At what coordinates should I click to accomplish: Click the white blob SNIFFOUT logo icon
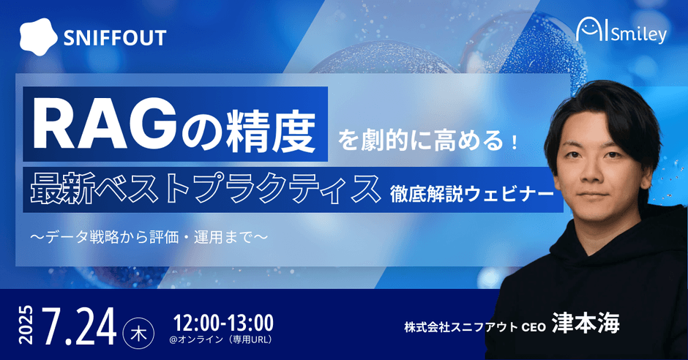(38, 37)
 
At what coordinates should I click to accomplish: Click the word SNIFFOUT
(115, 38)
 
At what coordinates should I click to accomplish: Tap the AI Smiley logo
(621, 31)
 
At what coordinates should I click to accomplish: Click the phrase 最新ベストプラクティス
(205, 189)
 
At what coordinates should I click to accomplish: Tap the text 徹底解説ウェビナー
(471, 193)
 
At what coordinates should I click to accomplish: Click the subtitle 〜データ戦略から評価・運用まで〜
(149, 237)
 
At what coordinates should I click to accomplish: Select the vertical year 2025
(26, 325)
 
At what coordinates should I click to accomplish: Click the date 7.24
(79, 326)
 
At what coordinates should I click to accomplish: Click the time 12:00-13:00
(223, 323)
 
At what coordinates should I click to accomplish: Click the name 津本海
(586, 323)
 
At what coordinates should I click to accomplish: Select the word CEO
(534, 328)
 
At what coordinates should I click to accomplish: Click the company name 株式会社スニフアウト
(461, 327)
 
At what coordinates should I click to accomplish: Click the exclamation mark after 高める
(515, 143)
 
